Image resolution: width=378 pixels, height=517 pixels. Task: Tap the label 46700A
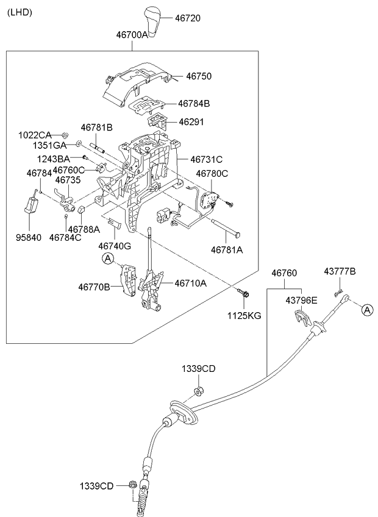(132, 35)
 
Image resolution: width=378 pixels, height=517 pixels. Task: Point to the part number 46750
(199, 77)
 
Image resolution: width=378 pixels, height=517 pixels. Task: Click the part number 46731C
(206, 159)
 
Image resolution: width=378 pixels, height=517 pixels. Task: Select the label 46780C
(212, 174)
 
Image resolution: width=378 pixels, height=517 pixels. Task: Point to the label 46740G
(115, 246)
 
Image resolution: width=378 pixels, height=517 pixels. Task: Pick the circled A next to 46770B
(107, 260)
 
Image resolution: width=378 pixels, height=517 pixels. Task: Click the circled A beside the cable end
(367, 310)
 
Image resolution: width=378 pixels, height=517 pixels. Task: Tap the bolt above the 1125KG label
(244, 294)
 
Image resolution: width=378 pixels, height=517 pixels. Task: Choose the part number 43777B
(340, 271)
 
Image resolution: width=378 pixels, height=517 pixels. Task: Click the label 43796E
(302, 301)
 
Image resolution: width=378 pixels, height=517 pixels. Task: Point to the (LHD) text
(20, 12)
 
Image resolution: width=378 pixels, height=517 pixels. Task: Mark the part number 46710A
(191, 283)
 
